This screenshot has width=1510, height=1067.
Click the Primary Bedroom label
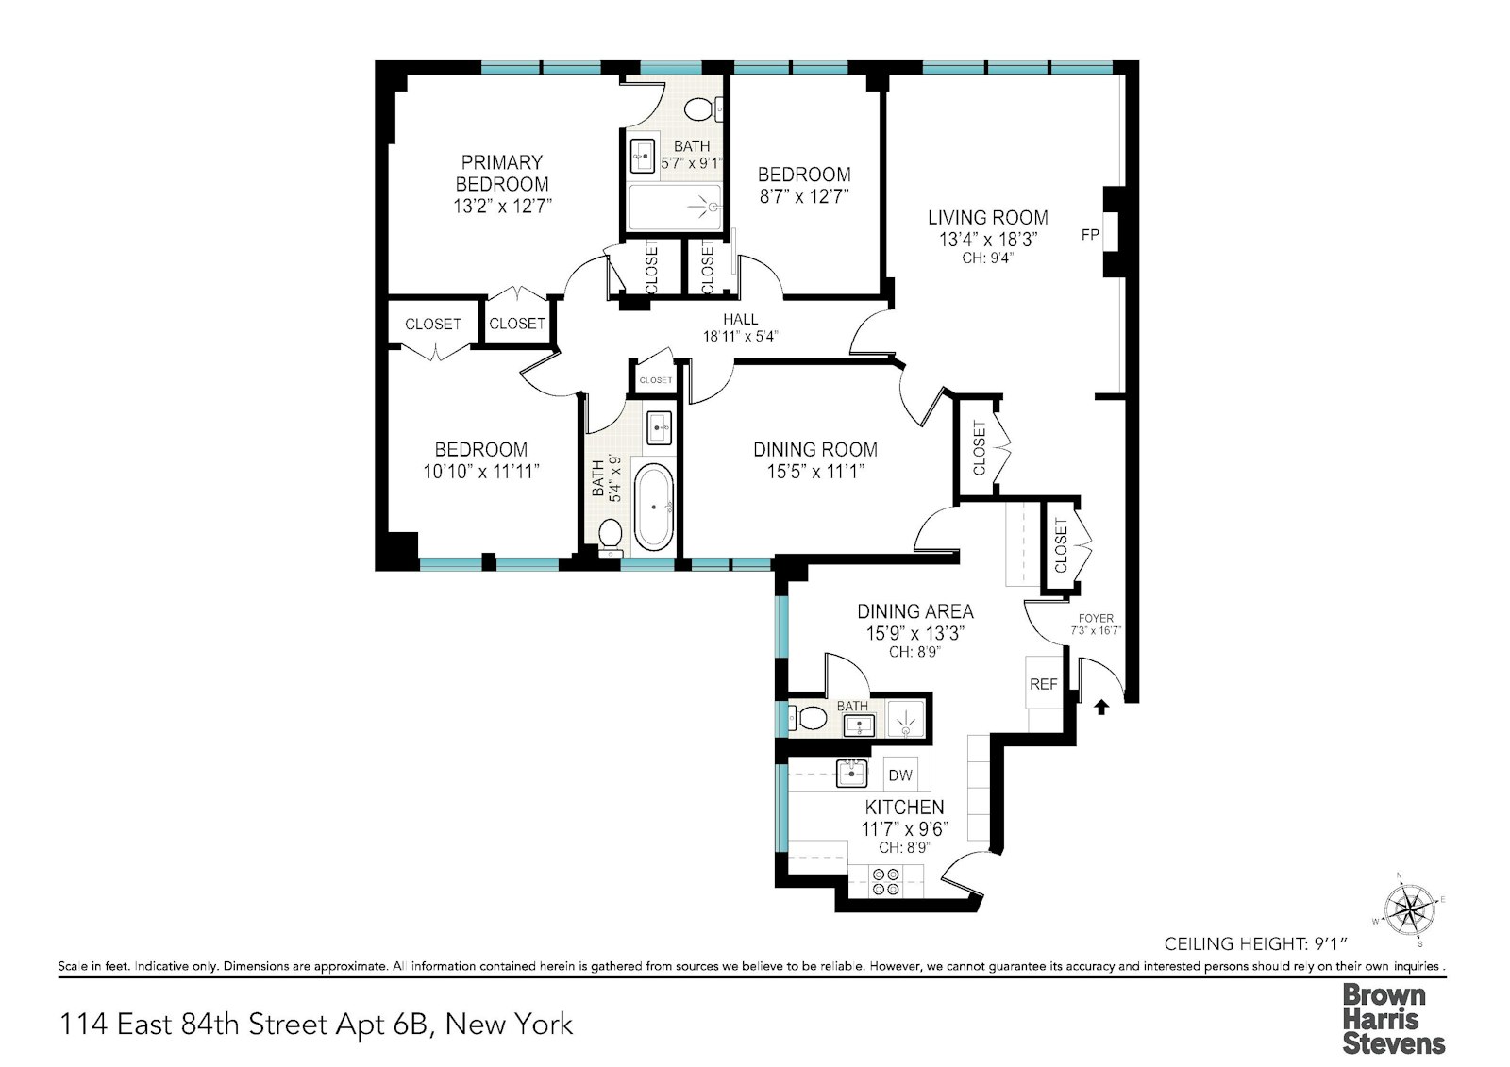501,174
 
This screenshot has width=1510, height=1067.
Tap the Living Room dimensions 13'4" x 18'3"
987,240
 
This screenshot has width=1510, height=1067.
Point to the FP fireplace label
1090,235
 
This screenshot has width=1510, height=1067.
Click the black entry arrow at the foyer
1101,707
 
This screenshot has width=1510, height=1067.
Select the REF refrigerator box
1044,683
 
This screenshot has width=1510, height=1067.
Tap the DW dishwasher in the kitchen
900,775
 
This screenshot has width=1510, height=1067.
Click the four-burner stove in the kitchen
886,882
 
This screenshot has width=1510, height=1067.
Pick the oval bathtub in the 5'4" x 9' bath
653,508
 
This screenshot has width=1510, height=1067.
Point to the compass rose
1410,909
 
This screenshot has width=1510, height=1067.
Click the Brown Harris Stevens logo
1394,1019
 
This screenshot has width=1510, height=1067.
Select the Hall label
740,319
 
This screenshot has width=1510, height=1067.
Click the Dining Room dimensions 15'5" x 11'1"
815,471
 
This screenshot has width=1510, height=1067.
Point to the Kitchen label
904,807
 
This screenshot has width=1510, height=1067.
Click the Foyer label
1096,618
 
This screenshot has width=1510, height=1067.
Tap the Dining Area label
915,611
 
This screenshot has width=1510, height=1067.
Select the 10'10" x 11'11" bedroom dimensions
481,471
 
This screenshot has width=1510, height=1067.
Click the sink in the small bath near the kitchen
858,725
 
